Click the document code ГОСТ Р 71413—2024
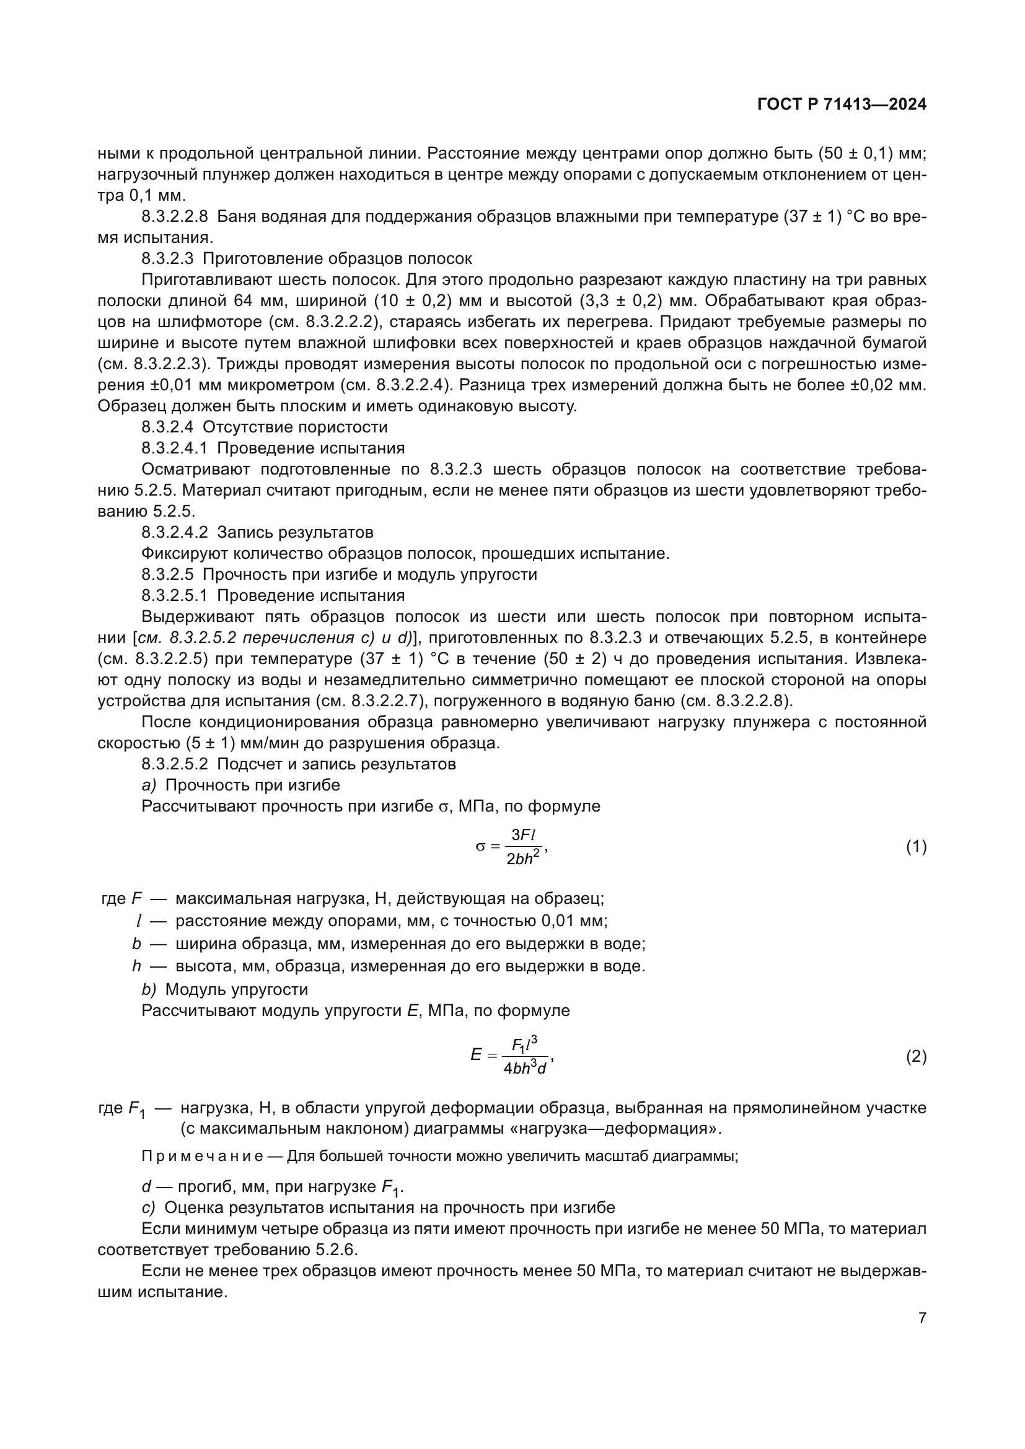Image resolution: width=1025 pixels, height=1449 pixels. pyautogui.click(x=842, y=105)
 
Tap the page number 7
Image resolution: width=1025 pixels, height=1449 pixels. pyautogui.click(x=922, y=1318)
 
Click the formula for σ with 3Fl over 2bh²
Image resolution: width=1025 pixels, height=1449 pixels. pyautogui.click(x=511, y=847)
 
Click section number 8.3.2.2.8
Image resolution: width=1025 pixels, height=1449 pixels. pyautogui.click(x=174, y=216)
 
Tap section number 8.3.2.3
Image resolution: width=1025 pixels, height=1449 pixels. pyautogui.click(x=167, y=259)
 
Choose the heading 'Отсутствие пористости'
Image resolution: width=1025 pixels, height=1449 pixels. pyautogui.click(x=295, y=427)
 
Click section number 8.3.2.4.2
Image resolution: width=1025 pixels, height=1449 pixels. pyautogui.click(x=174, y=532)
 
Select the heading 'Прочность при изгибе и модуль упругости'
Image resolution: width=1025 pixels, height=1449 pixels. pyautogui.click(x=370, y=574)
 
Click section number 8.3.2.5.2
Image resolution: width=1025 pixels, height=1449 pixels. pyautogui.click(x=174, y=764)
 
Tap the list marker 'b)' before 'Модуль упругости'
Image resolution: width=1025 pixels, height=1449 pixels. pyautogui.click(x=148, y=989)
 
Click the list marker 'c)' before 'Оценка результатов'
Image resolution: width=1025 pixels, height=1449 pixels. pyautogui.click(x=148, y=1207)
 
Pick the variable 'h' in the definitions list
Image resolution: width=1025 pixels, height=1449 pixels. pyautogui.click(x=136, y=966)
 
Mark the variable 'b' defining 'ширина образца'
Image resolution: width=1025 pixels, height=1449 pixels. pyautogui.click(x=136, y=943)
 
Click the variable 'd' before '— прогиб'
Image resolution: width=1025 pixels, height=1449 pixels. pyautogui.click(x=146, y=1186)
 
